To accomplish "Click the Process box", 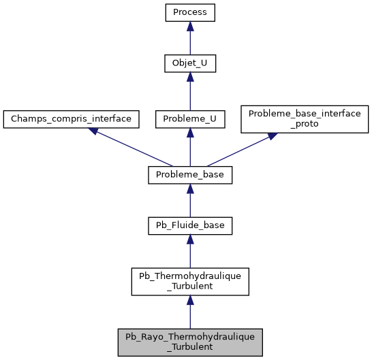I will pyautogui.click(x=190, y=12).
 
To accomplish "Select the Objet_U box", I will pyautogui.click(x=190, y=65).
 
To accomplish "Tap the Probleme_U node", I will pyautogui.click(x=190, y=118).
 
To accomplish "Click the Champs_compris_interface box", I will pyautogui.click(x=72, y=118).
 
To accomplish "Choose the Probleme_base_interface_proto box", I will pyautogui.click(x=305, y=118).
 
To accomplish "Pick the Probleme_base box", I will pyautogui.click(x=190, y=175).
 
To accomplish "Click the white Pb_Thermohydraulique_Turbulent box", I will pyautogui.click(x=190, y=282).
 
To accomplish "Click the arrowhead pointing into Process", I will pyautogui.click(x=190, y=25).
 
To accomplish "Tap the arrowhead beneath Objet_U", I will pyautogui.click(x=190, y=78).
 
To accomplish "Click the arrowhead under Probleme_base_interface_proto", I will pyautogui.click(x=271, y=136).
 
